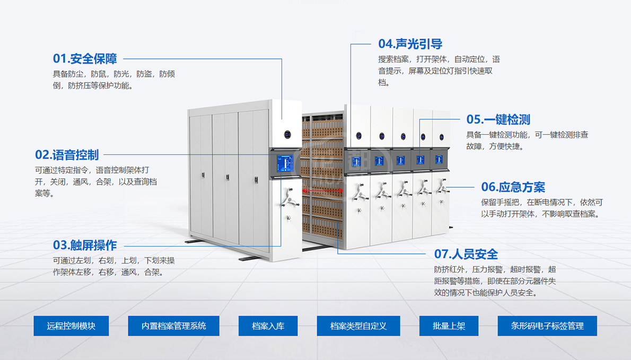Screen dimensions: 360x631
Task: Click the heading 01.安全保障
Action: coord(85,58)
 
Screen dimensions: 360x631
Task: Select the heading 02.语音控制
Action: coord(67,155)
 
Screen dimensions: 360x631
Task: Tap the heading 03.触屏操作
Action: coord(85,245)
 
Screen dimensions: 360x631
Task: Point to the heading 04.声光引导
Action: coord(410,44)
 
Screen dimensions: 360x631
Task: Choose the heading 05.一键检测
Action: coord(498,119)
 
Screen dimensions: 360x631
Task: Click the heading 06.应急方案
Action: coord(513,187)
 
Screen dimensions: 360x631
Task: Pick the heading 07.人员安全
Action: coord(466,254)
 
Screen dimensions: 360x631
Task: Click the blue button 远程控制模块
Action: coord(71,326)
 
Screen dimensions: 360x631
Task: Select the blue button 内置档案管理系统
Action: coord(173,326)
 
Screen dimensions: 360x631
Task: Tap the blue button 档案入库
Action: coord(268,326)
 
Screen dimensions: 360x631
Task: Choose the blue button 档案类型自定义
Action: coord(358,326)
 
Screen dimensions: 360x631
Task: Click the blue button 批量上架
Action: coord(449,326)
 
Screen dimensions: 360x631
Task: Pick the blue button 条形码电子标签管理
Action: coord(547,326)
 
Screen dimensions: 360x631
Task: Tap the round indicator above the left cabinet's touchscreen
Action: coord(287,135)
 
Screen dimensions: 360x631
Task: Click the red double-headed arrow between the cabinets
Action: coord(323,190)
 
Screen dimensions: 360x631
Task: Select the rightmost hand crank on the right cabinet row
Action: coord(442,187)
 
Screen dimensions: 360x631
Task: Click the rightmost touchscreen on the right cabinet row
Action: coord(439,160)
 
